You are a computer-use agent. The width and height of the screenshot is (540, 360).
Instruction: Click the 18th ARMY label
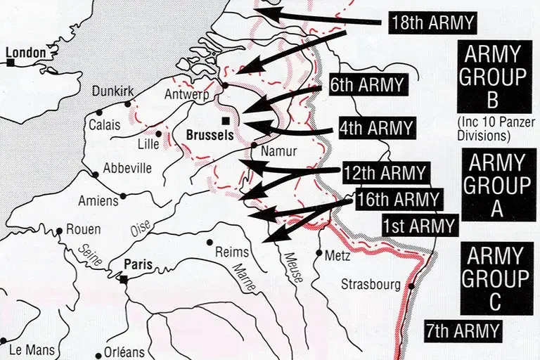click(x=432, y=22)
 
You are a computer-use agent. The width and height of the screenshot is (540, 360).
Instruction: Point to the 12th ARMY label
click(x=385, y=172)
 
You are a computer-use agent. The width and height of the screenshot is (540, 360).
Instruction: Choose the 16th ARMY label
click(x=397, y=199)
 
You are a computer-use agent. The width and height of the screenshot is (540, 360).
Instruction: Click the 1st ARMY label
click(x=419, y=226)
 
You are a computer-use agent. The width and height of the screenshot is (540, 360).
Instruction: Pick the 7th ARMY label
click(x=463, y=330)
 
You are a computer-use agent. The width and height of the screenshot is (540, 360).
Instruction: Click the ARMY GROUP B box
click(x=494, y=77)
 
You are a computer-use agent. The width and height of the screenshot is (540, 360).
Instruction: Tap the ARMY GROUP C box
click(x=496, y=278)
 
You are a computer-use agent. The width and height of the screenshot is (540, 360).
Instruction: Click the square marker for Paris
click(x=124, y=279)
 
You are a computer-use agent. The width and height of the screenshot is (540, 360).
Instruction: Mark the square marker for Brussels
click(x=225, y=121)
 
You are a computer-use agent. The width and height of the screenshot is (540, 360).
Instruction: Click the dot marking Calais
click(x=99, y=112)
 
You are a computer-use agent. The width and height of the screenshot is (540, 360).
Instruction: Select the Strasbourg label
click(x=371, y=285)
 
